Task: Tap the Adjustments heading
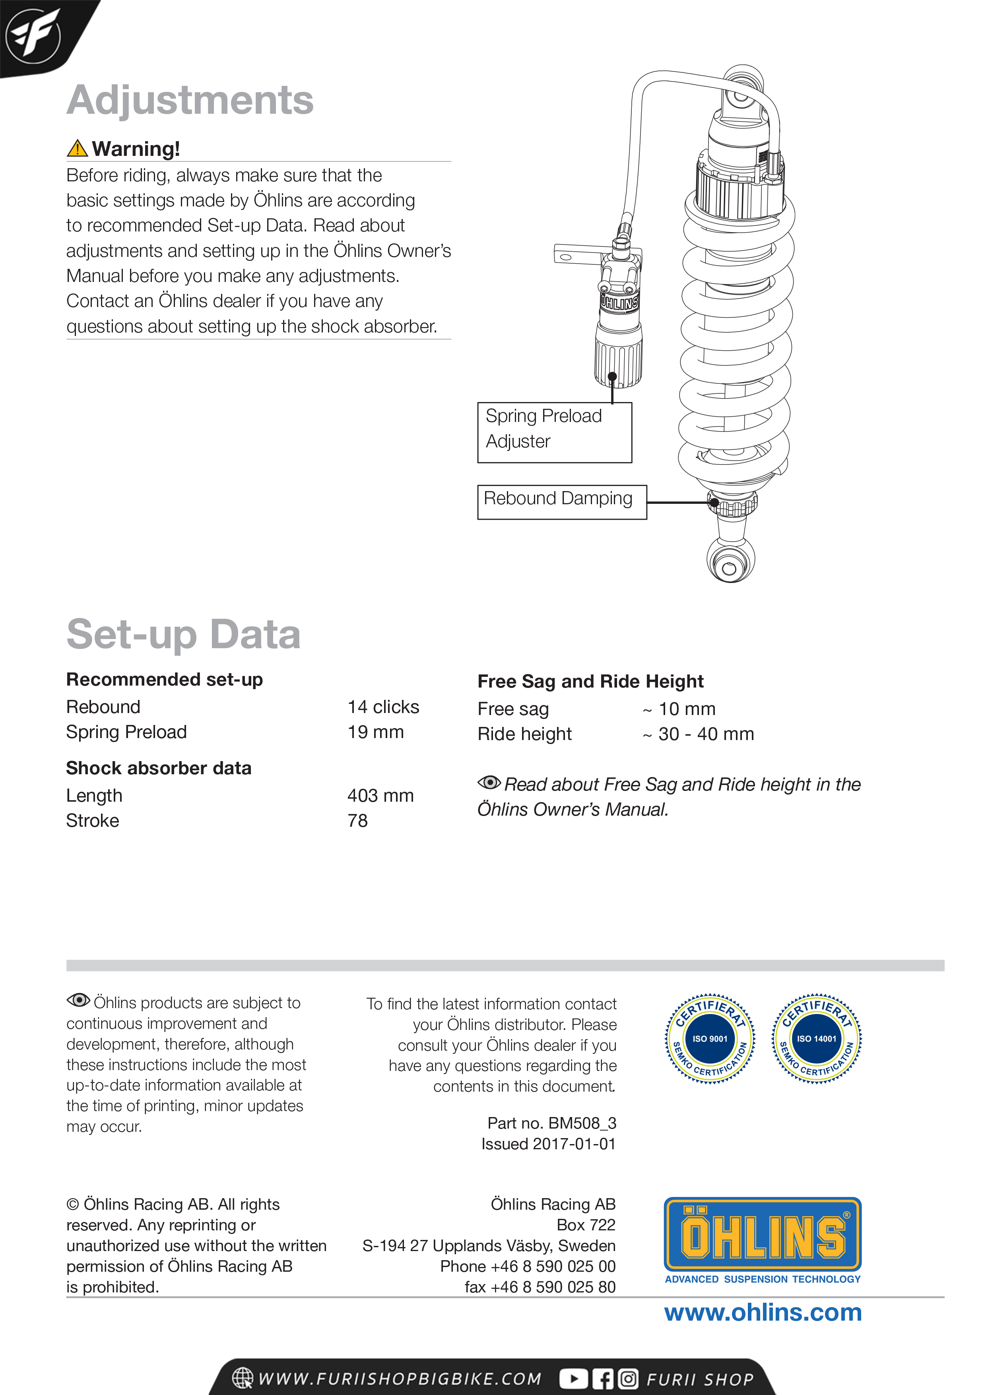(190, 100)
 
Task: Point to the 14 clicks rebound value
(383, 707)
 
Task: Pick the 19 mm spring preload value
(375, 732)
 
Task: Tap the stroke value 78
(358, 820)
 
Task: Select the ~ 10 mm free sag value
(679, 709)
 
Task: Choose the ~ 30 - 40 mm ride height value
(699, 734)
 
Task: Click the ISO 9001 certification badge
(710, 1038)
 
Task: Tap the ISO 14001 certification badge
(817, 1038)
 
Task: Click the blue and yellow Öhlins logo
(763, 1235)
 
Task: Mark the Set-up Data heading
(183, 634)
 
